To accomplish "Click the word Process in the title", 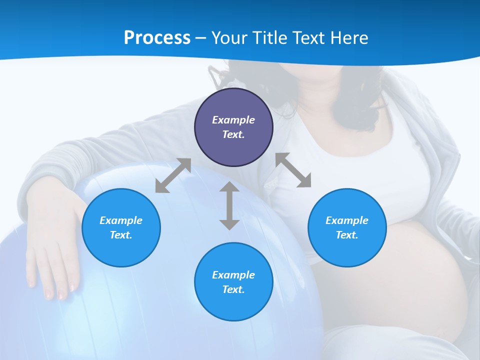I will point(157,38).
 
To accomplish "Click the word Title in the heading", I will point(269,38).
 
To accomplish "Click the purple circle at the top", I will point(233,127).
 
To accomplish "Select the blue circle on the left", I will point(121,227).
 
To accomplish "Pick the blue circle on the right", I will point(347,227).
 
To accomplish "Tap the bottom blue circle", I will point(233,282).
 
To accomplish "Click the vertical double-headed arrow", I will point(229,205).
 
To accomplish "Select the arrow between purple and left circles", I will point(173,175).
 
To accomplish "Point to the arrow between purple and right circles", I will point(293,170).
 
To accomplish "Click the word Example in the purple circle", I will point(233,120).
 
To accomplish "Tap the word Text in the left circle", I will point(120,235).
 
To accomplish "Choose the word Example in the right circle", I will point(347,220).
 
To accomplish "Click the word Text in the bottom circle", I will point(233,289).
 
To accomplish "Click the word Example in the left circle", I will point(121,220).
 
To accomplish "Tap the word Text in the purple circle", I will point(233,134).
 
